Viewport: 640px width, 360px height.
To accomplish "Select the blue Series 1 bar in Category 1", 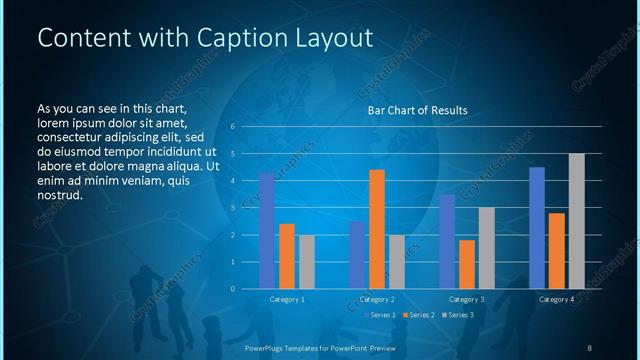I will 267,231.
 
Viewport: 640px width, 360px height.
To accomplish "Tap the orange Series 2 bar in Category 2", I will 377,229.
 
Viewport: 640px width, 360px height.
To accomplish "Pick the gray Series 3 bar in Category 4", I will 577,221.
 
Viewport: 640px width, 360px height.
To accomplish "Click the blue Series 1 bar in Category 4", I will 537,228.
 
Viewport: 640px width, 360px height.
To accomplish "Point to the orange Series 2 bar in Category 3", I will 467,264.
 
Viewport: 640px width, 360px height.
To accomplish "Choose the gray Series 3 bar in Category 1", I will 307,262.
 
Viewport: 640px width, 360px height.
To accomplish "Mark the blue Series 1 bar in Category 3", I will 447,241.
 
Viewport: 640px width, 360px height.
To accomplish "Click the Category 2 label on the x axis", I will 376,299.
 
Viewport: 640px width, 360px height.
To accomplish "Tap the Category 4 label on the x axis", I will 556,299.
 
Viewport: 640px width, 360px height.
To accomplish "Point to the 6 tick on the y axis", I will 231,127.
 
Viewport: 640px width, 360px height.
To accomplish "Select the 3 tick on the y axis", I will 231,208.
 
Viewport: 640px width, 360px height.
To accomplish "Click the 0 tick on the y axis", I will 231,289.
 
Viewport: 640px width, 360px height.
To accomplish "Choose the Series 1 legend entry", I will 383,315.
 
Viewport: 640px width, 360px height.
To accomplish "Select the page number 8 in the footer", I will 589,347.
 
